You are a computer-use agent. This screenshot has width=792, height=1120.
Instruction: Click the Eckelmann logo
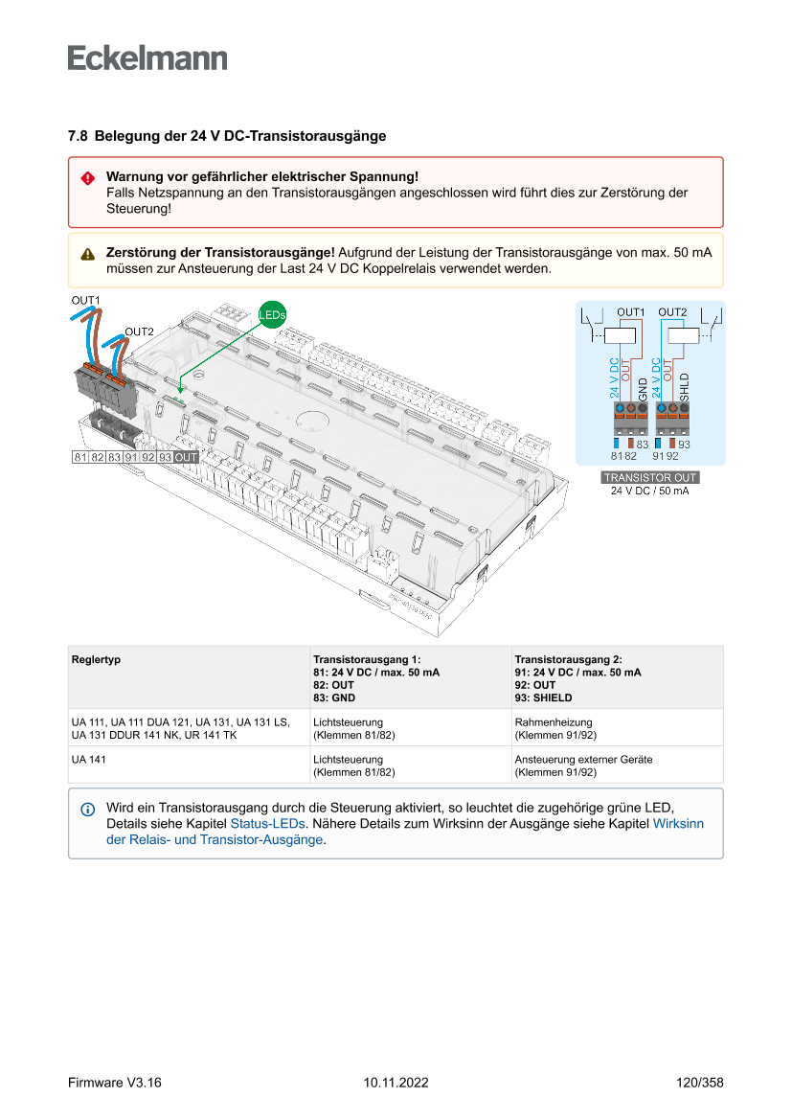[147, 57]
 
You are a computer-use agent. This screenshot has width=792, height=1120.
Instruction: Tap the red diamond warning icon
[87, 178]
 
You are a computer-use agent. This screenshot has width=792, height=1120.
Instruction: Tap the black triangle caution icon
[87, 254]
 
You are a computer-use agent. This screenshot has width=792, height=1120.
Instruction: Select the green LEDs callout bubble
[272, 314]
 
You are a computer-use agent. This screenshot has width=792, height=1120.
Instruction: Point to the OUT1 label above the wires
[86, 301]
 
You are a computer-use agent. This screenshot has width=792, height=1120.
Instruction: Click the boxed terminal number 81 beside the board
[80, 457]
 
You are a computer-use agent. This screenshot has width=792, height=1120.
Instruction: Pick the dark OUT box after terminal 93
[186, 457]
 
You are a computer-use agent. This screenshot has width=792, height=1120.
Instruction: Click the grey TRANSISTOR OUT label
[649, 477]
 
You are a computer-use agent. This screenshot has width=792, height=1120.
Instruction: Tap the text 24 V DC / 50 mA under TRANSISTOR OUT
[649, 491]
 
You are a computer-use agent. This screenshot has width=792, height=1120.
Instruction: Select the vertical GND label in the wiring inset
[643, 387]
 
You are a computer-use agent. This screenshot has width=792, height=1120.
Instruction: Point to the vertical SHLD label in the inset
[684, 387]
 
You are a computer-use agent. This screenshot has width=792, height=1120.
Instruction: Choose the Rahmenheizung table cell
[554, 722]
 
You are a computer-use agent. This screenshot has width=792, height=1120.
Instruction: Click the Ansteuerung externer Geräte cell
[583, 759]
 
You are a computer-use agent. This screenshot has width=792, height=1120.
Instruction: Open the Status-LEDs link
[267, 823]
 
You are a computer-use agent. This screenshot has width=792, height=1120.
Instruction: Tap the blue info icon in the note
[88, 810]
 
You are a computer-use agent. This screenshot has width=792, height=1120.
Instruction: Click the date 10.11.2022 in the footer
[396, 1083]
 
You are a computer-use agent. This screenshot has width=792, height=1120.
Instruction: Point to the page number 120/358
[699, 1083]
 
